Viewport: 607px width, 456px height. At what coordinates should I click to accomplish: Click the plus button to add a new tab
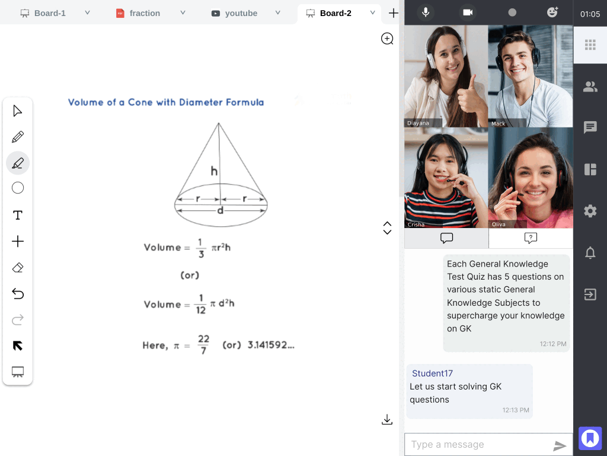[x=394, y=13]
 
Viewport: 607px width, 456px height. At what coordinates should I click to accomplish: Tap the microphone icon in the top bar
[x=426, y=12]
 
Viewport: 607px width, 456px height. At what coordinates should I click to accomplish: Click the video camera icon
[x=468, y=12]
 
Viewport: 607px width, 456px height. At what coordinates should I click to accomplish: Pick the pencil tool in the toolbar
[x=18, y=137]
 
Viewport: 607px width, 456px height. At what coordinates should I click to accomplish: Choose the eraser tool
[x=18, y=268]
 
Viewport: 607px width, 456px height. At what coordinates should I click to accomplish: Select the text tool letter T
[x=18, y=215]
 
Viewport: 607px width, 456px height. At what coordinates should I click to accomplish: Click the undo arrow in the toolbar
[x=18, y=293]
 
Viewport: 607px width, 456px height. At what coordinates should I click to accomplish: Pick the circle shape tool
[x=18, y=188]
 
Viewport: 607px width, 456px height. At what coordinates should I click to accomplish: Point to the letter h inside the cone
[x=214, y=170]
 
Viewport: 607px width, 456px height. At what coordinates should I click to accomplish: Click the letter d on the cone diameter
[x=221, y=210]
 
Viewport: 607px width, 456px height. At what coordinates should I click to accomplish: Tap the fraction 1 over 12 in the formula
[x=200, y=304]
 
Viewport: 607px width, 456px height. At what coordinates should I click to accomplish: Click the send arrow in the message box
[x=560, y=445]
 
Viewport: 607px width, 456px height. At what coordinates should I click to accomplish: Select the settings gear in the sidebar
[x=590, y=211]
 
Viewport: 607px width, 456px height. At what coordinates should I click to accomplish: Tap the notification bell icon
[x=590, y=253]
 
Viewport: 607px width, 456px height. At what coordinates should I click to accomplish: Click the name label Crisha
[x=416, y=224]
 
